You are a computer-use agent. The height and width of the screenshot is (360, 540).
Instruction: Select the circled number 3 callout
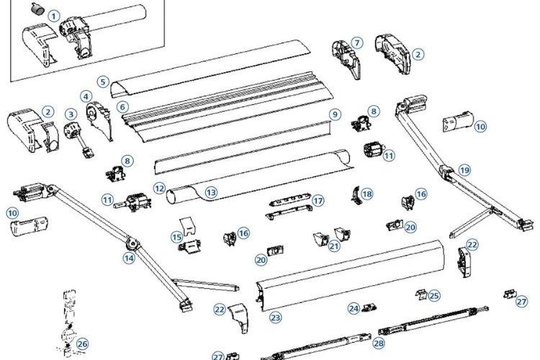point(71,113)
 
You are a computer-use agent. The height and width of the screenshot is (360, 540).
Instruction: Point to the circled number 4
point(86,95)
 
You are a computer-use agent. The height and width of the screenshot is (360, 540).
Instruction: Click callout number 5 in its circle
point(104,81)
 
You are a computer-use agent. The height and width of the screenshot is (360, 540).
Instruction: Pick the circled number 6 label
point(123,106)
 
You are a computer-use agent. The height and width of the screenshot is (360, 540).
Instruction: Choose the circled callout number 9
point(333,114)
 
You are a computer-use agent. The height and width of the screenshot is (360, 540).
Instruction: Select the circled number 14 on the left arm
point(130,257)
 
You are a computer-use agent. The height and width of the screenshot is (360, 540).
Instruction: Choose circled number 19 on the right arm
point(464,170)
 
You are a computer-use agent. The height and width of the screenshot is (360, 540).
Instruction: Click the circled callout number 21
point(333,246)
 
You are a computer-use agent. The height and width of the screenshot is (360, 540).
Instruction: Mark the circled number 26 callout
point(82,343)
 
